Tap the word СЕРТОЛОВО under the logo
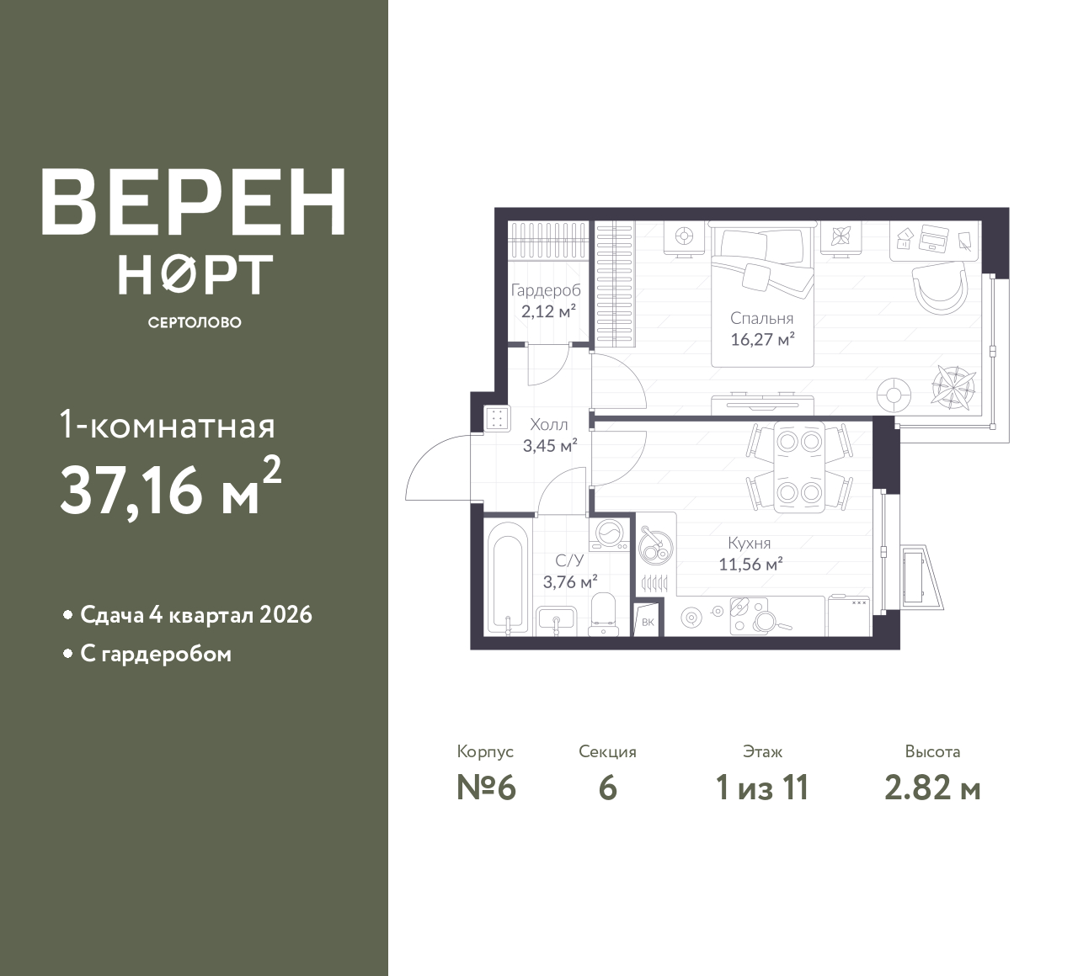[x=195, y=322]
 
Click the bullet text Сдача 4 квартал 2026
[x=196, y=615]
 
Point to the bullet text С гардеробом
[x=156, y=654]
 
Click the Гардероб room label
[x=546, y=290]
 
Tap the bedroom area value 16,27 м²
[x=762, y=339]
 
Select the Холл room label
[x=548, y=425]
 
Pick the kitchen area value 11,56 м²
[x=750, y=565]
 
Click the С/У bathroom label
[x=569, y=560]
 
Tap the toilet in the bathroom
[x=602, y=615]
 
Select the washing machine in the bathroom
[x=610, y=533]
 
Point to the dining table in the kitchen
[x=799, y=466]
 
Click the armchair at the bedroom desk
[x=940, y=289]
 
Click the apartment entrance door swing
[x=438, y=467]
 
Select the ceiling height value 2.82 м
[x=932, y=788]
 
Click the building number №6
[x=486, y=788]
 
